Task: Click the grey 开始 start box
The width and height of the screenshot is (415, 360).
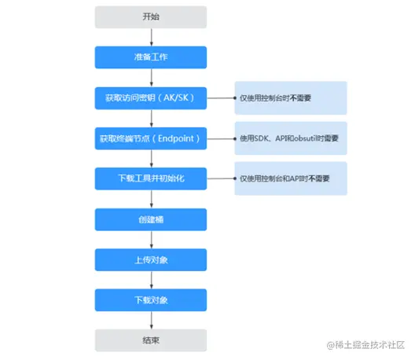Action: pyautogui.click(x=150, y=17)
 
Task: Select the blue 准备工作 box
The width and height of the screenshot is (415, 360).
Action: pyautogui.click(x=150, y=57)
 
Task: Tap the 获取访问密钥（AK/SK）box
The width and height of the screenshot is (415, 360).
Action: pyautogui.click(x=150, y=97)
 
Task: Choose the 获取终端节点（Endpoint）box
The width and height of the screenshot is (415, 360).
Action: pyautogui.click(x=150, y=138)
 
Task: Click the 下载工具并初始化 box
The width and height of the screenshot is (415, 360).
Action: pyautogui.click(x=150, y=178)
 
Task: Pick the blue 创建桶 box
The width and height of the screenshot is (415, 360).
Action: pyautogui.click(x=150, y=219)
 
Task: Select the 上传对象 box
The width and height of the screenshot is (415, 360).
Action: pyautogui.click(x=150, y=259)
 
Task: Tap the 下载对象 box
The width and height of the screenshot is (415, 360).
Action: pyautogui.click(x=150, y=300)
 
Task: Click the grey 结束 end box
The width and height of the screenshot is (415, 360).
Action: pyautogui.click(x=150, y=340)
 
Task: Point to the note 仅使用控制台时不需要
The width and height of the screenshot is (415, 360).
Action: pyautogui.click(x=290, y=97)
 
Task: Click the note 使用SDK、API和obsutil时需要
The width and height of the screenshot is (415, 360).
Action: pyautogui.click(x=290, y=138)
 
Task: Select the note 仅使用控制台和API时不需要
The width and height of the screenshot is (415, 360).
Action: pyautogui.click(x=290, y=178)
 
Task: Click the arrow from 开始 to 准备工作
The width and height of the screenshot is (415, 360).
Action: pyautogui.click(x=150, y=37)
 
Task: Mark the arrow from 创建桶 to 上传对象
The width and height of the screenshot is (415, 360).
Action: pyautogui.click(x=150, y=240)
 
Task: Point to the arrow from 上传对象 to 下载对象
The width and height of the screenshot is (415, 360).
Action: pyautogui.click(x=150, y=280)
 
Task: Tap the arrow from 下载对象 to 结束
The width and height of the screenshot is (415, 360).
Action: pyautogui.click(x=150, y=321)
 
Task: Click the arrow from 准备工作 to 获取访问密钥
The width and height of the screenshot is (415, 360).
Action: pyautogui.click(x=150, y=77)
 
